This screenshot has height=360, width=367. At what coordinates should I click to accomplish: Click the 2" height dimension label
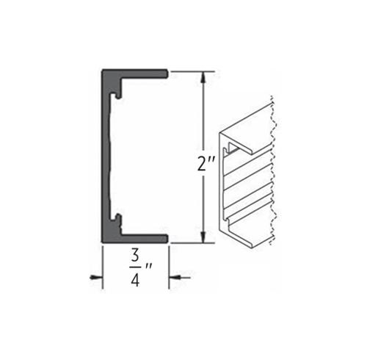tap(206, 164)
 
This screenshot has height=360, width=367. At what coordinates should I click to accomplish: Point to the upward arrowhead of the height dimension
tap(203, 77)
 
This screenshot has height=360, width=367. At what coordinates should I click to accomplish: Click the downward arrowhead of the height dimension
tap(203, 237)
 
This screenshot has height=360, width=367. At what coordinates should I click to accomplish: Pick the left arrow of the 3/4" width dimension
tap(96, 278)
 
